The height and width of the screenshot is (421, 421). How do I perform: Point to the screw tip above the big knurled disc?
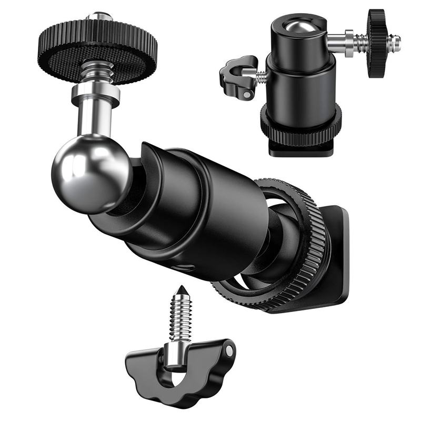(99, 16)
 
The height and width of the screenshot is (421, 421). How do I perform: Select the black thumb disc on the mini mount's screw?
(377, 42)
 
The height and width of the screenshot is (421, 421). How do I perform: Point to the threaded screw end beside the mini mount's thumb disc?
(395, 40)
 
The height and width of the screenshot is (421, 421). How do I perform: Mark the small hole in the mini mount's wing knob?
(247, 95)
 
